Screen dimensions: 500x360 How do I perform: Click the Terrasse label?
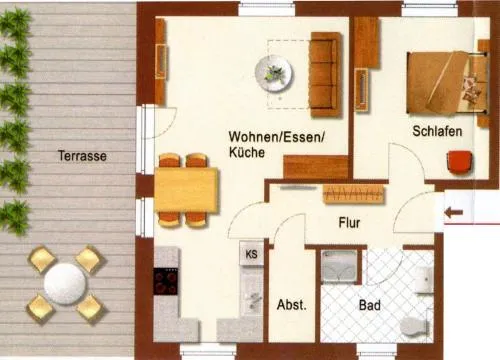pyautogui.click(x=82, y=156)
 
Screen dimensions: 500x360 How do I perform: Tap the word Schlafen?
pyautogui.click(x=437, y=131)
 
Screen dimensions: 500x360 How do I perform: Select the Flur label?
pyautogui.click(x=349, y=223)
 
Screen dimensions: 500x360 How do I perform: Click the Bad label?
pyautogui.click(x=370, y=305)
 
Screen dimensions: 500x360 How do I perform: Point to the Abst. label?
pyautogui.click(x=292, y=305)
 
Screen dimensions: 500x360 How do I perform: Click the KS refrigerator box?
pyautogui.click(x=251, y=254)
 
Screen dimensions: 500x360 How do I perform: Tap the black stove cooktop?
pyautogui.click(x=166, y=281)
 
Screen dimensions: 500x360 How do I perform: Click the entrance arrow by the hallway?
pyautogui.click(x=454, y=212)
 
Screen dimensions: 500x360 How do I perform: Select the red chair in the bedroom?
pyautogui.click(x=460, y=162)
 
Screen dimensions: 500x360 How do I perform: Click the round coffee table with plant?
pyautogui.click(x=274, y=74)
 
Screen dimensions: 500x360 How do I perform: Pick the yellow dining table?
pyautogui.click(x=186, y=190)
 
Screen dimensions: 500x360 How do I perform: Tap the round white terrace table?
pyautogui.click(x=65, y=284)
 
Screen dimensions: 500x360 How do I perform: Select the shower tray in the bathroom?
pyautogui.click(x=339, y=266)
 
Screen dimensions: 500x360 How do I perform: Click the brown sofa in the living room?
pyautogui.click(x=326, y=74)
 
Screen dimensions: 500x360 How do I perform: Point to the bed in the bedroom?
pyautogui.click(x=446, y=83)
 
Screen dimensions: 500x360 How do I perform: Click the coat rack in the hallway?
pyautogui.click(x=353, y=195)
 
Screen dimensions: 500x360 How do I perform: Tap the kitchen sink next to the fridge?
pyautogui.click(x=251, y=292)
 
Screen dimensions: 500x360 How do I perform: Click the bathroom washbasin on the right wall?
pyautogui.click(x=425, y=279)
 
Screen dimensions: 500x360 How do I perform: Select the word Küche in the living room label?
pyautogui.click(x=247, y=152)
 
